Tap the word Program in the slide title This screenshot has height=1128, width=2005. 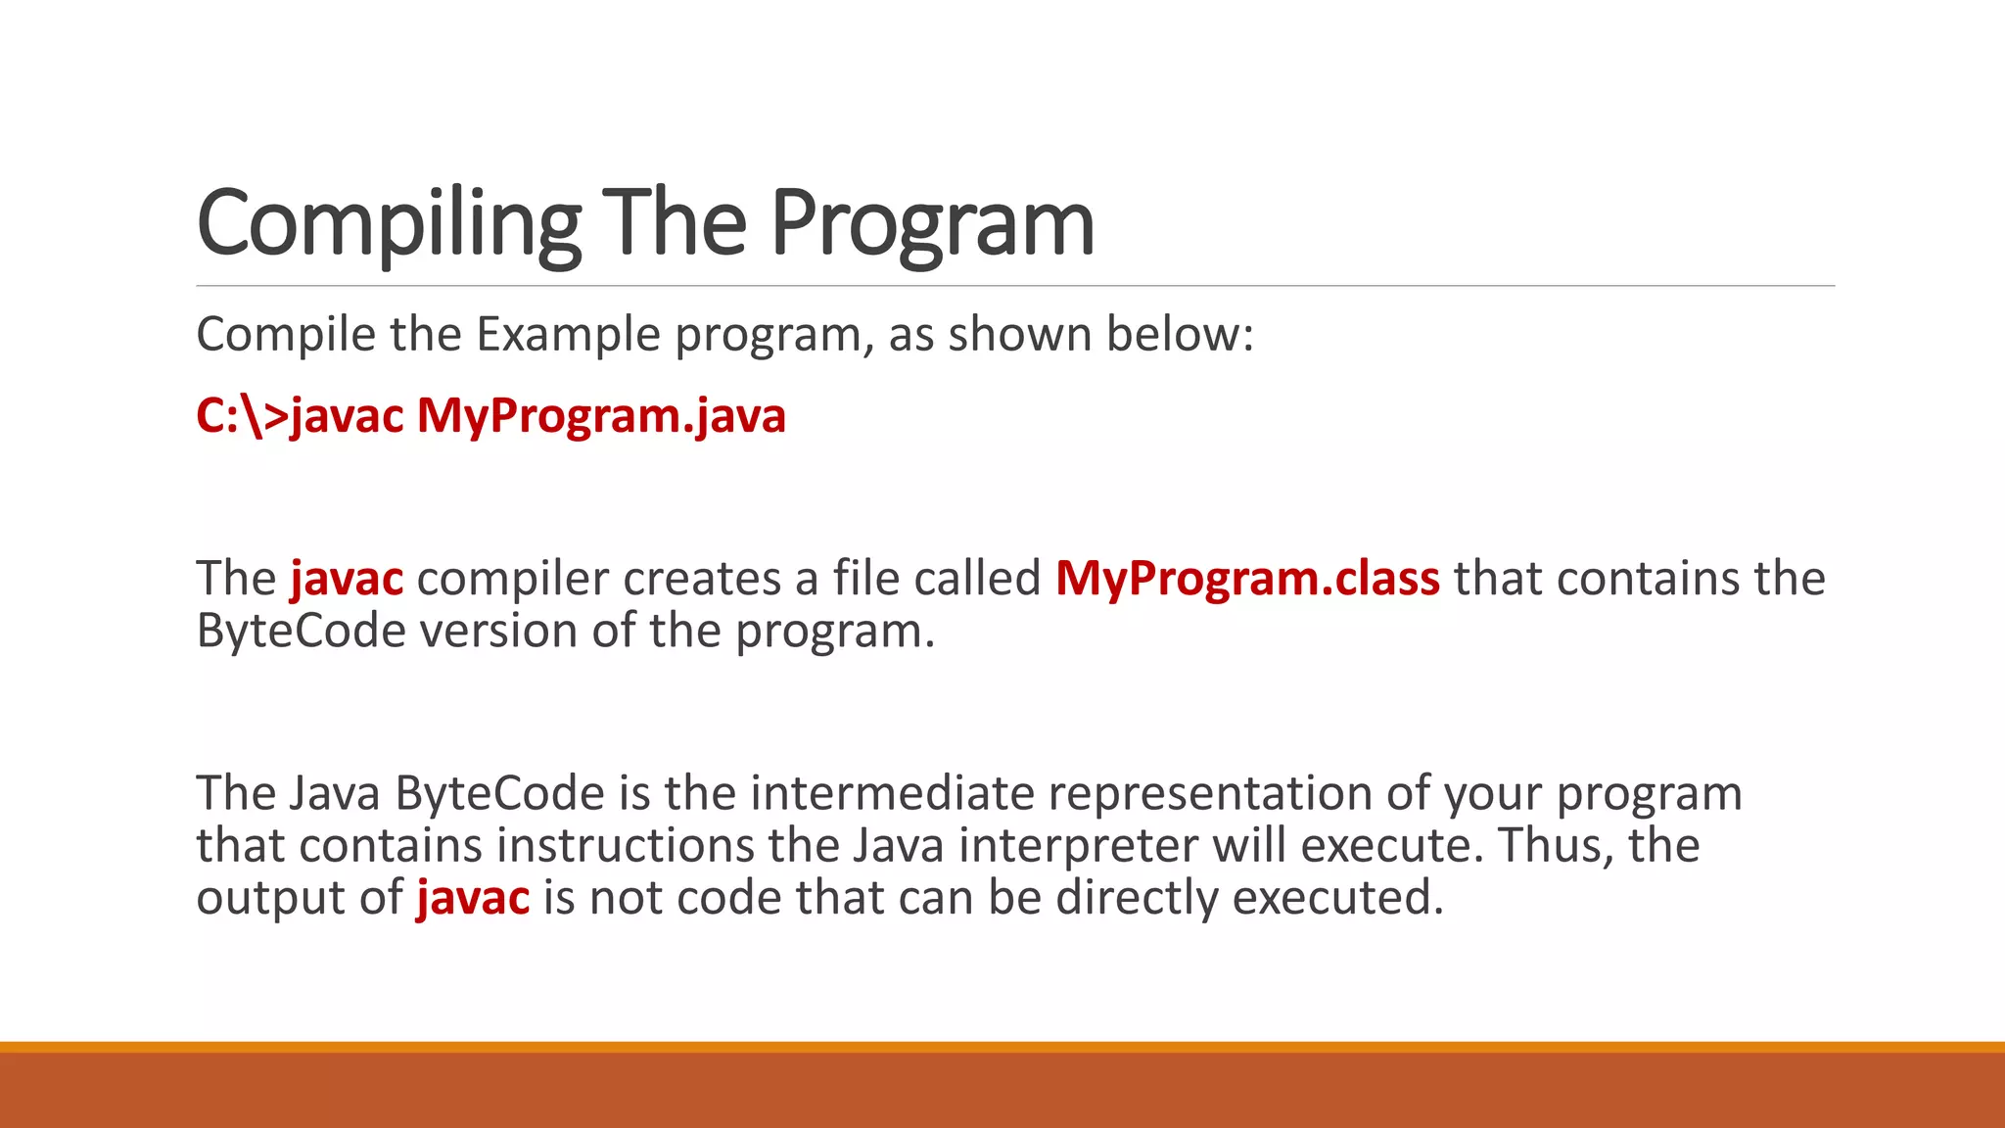932,225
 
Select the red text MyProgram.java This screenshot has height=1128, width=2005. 601,415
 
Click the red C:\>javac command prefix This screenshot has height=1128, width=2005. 300,415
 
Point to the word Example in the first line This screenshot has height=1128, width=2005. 568,335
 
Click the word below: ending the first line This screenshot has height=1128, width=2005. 1179,335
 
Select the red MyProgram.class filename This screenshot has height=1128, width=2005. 1247,579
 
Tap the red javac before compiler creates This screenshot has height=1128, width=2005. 347,579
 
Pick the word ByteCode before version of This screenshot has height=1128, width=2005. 301,631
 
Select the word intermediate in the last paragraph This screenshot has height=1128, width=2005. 892,793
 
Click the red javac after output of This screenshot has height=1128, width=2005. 473,898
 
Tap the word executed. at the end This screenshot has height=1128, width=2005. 1338,898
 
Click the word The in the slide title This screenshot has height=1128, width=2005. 674,225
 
